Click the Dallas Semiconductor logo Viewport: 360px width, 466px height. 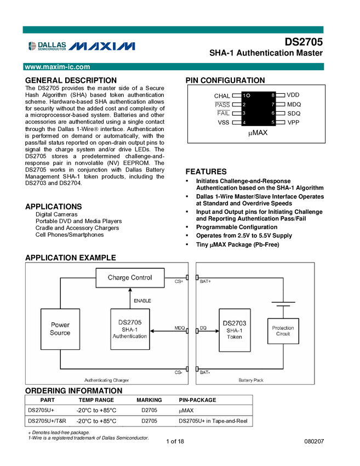click(x=48, y=46)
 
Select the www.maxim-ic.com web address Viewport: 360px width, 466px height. click(x=58, y=67)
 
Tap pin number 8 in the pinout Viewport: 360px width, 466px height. click(x=273, y=95)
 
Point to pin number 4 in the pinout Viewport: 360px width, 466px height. click(x=244, y=122)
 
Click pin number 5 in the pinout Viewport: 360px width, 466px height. click(x=273, y=122)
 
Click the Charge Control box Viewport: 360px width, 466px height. click(x=130, y=277)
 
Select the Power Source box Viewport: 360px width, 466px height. click(x=60, y=329)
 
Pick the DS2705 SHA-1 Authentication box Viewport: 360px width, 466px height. click(x=130, y=329)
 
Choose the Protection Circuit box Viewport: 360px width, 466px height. click(x=283, y=331)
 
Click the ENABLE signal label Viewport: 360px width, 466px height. click(x=142, y=300)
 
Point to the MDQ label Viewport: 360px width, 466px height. click(x=180, y=328)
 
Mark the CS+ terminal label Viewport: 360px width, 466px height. click(x=179, y=281)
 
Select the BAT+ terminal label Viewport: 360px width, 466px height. click(x=205, y=281)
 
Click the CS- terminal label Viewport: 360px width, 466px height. click(x=179, y=372)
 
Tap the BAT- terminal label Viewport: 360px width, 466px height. click(x=205, y=372)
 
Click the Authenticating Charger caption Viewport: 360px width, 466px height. click(x=106, y=380)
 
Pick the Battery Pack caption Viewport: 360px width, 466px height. click(x=251, y=380)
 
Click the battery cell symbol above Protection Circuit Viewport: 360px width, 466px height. click(x=283, y=304)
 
